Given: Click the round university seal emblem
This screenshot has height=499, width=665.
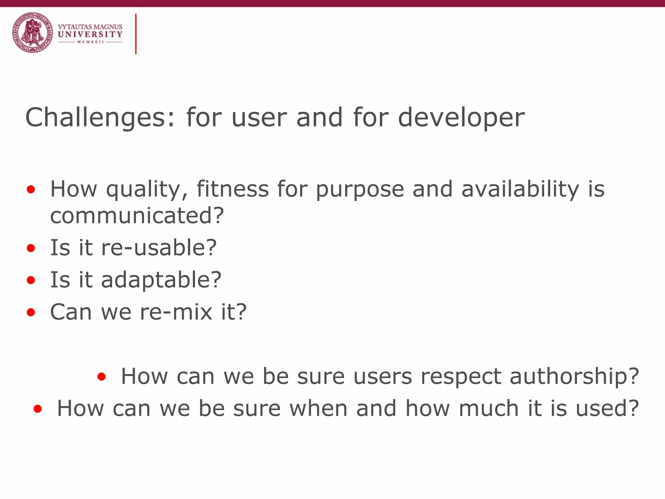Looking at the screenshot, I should click(x=32, y=33).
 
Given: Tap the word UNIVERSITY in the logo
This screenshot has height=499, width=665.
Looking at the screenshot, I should click(x=90, y=34).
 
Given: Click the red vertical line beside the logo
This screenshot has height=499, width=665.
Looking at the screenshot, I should click(x=136, y=34).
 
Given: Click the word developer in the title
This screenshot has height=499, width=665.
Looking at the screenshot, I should click(x=461, y=118).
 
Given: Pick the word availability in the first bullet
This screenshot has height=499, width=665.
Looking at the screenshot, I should click(x=520, y=189).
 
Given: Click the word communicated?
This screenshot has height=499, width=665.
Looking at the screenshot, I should click(x=137, y=215).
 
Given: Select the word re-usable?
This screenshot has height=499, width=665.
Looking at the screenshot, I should click(x=159, y=248).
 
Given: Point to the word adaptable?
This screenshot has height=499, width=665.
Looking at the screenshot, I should click(x=161, y=280).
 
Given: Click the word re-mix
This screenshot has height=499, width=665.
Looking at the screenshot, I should click(x=176, y=312).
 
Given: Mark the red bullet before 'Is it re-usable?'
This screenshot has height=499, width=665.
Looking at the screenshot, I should click(x=31, y=249).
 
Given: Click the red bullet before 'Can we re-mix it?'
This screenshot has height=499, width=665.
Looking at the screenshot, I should click(x=31, y=313).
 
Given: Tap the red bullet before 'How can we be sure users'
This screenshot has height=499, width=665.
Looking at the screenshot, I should click(x=102, y=377).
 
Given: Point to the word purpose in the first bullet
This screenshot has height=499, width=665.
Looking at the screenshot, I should click(x=360, y=189).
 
